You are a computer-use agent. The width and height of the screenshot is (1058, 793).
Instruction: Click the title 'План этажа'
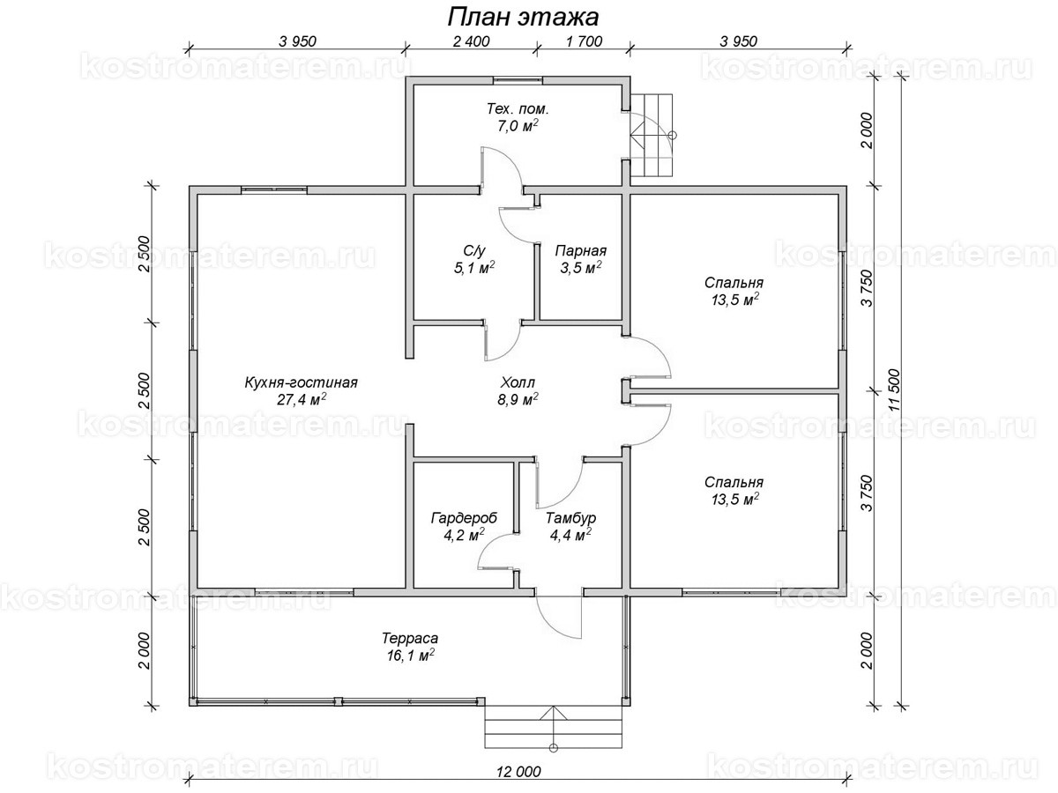[523, 18]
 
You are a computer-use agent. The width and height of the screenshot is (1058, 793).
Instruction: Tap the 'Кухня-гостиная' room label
[302, 382]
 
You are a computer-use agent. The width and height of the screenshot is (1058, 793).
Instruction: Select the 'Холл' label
[518, 382]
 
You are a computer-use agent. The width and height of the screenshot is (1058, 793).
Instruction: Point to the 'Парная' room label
[580, 251]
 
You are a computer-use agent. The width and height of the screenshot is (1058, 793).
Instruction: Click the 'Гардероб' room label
[464, 518]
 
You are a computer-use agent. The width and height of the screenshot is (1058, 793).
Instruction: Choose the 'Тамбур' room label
[570, 518]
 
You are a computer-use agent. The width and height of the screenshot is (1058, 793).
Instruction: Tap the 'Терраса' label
[410, 639]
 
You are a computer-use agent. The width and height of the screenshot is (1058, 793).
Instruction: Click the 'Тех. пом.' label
[518, 108]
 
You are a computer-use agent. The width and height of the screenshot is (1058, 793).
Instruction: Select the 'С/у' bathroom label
[474, 251]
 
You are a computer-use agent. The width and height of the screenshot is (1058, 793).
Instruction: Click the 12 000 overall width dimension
[518, 772]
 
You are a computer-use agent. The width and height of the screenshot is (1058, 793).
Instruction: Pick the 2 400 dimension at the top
[471, 41]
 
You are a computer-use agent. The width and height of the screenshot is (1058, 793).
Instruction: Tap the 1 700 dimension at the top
[585, 41]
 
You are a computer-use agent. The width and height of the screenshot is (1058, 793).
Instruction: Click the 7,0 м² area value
[518, 126]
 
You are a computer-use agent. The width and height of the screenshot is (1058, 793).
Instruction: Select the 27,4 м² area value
[302, 399]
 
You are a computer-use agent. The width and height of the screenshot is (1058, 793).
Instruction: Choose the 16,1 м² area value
[410, 656]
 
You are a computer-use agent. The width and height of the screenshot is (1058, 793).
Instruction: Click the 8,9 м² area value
[518, 399]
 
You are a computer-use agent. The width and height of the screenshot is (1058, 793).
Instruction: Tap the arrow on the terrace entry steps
[554, 727]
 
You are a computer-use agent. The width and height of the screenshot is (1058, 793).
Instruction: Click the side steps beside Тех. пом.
[652, 136]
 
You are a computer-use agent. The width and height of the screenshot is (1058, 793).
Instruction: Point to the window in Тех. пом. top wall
[517, 80]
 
